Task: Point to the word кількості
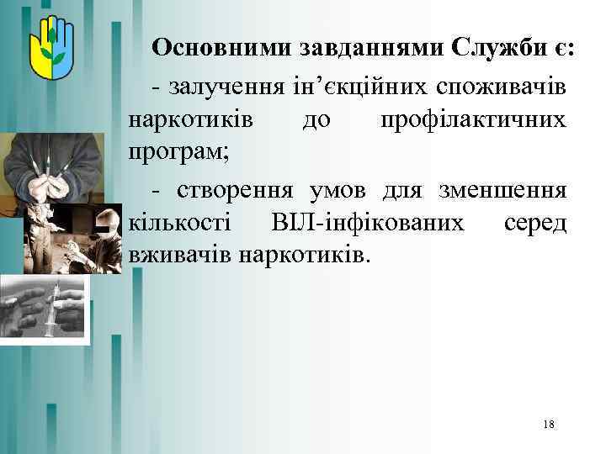179,223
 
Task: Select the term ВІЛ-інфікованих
368,223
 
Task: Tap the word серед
535,223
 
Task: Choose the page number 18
549,425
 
